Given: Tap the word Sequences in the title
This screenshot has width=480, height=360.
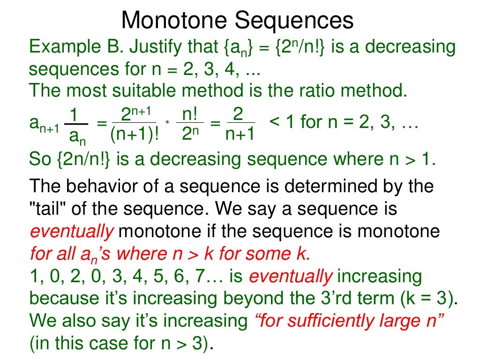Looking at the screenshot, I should coord(294,21).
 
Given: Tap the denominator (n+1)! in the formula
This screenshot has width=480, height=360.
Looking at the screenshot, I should coord(135,135).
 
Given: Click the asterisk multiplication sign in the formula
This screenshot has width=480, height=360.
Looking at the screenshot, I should coord(167,123).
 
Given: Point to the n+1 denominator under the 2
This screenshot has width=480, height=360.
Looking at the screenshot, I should coord(240,135).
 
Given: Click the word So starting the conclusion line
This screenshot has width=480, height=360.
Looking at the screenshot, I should coord(40,159).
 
